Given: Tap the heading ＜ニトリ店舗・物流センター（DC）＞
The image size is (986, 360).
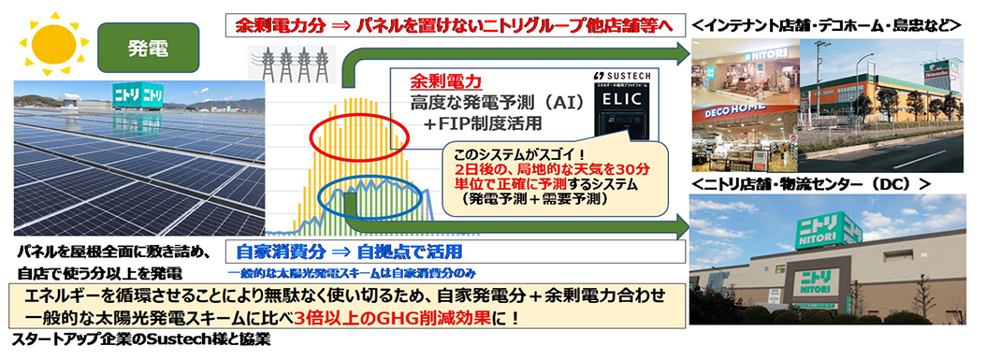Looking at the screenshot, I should [x=809, y=184].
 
